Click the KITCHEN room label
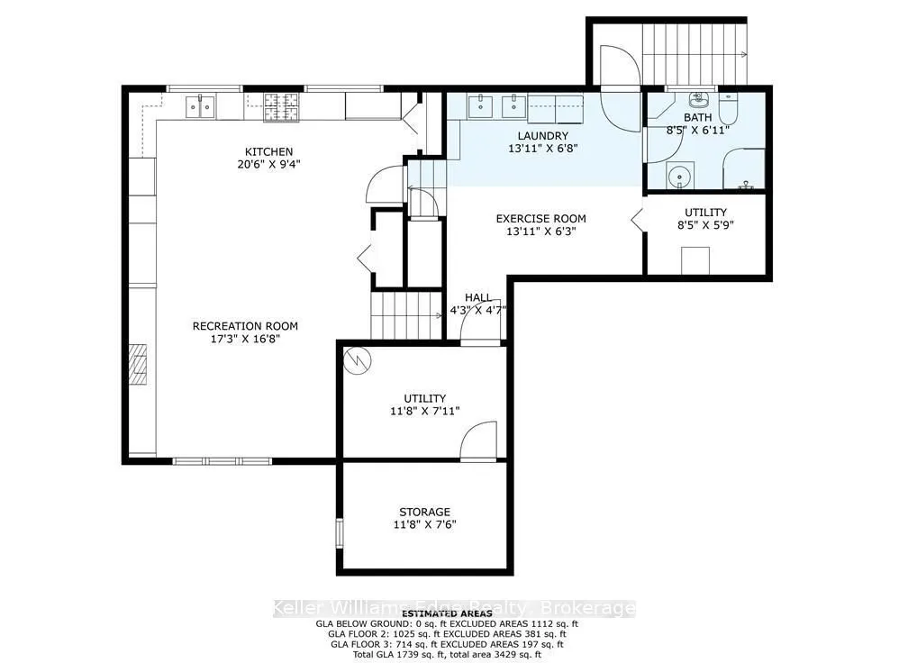tap(270, 151)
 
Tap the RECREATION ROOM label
tap(245, 326)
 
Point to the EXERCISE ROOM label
tap(540, 218)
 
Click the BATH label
tap(698, 117)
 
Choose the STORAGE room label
tap(424, 512)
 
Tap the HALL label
tap(477, 297)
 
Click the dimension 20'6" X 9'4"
tap(270, 165)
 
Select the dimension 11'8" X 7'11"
tap(425, 411)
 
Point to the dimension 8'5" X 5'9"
tap(705, 225)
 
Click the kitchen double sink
tap(200, 107)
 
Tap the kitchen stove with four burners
tap(283, 108)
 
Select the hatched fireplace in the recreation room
tap(138, 364)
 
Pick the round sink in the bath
tap(677, 175)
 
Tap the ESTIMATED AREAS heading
tap(447, 613)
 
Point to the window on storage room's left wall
tap(340, 531)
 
